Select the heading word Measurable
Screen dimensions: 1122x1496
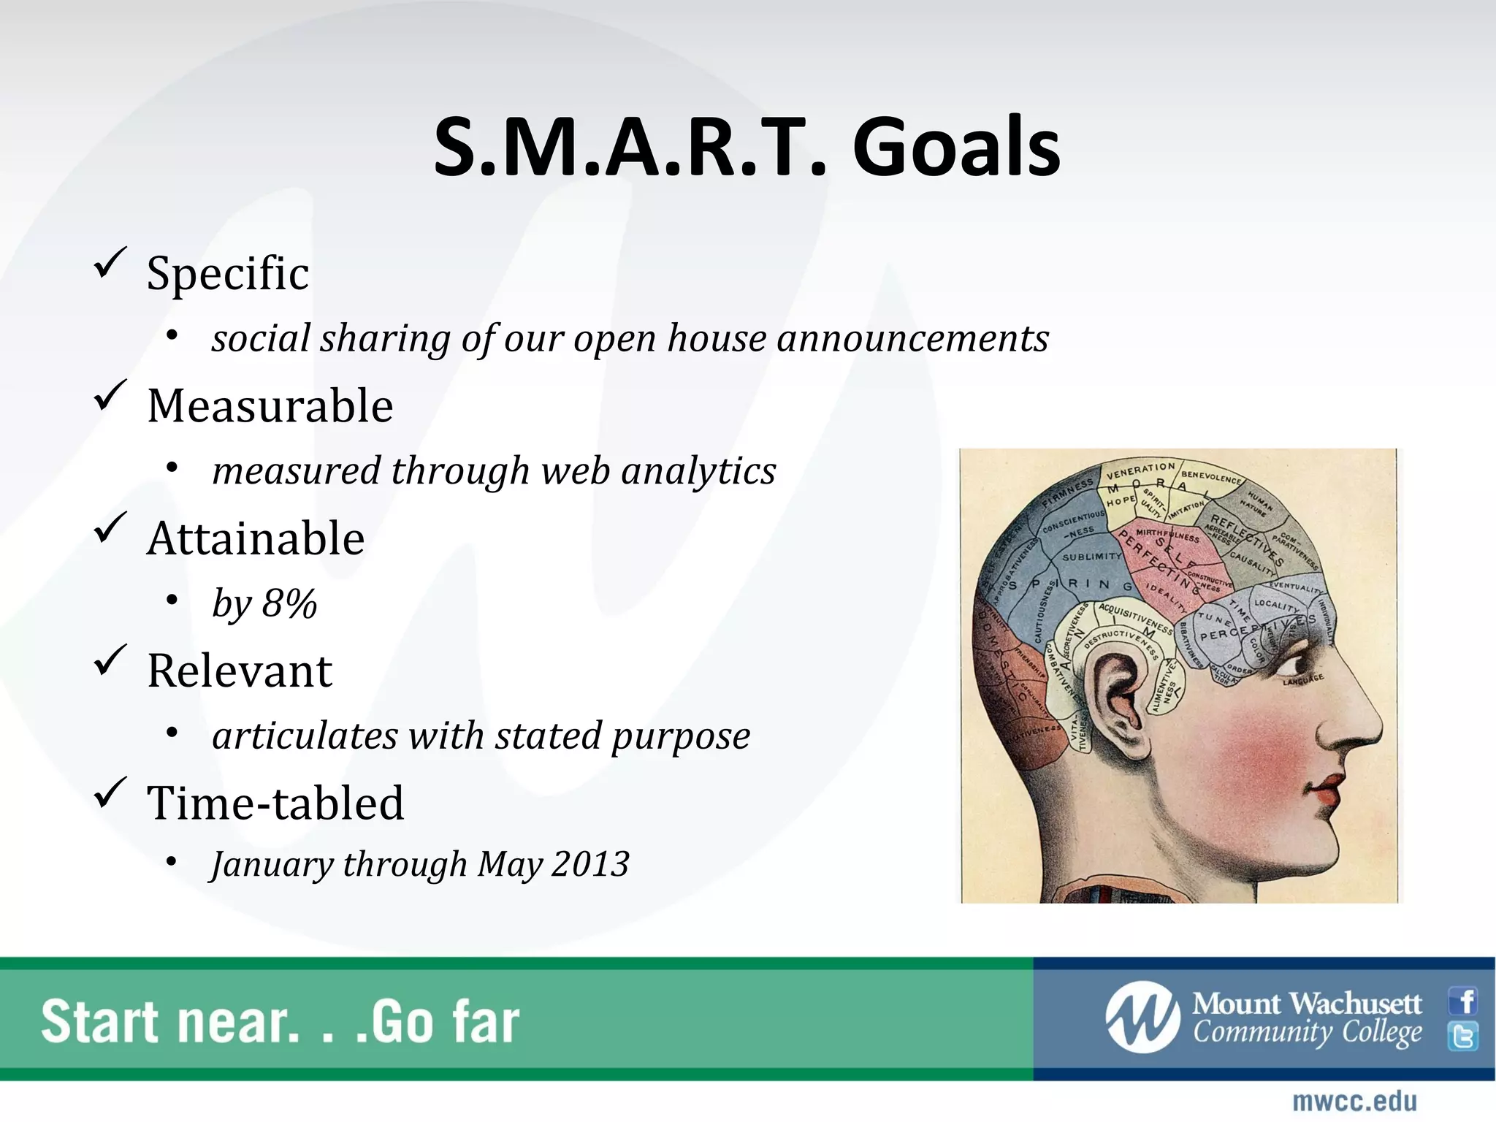click(270, 406)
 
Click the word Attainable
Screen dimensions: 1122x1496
click(256, 539)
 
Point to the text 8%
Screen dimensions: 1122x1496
click(289, 604)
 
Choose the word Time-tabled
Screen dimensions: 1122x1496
click(275, 804)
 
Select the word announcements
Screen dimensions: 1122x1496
click(912, 339)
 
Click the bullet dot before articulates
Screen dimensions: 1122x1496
click(172, 733)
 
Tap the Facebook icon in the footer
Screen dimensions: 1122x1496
click(1464, 1001)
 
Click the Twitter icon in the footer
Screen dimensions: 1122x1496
click(1464, 1037)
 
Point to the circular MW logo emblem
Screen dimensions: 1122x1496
click(1142, 1018)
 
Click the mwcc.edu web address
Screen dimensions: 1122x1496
click(1354, 1102)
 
